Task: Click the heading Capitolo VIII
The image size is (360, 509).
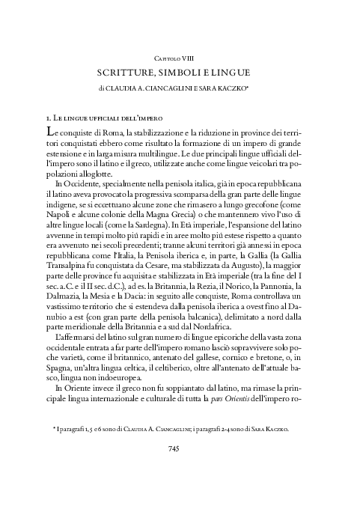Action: [x=180, y=57]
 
